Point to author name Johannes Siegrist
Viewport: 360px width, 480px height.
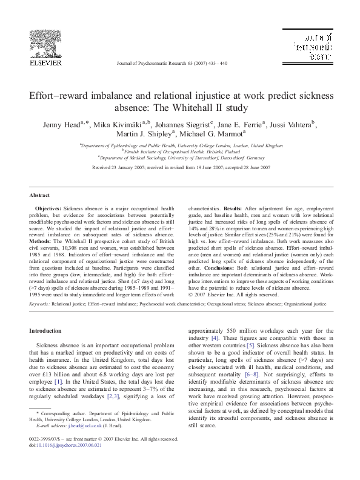tap(181, 125)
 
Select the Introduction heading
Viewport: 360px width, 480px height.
tap(45, 330)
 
